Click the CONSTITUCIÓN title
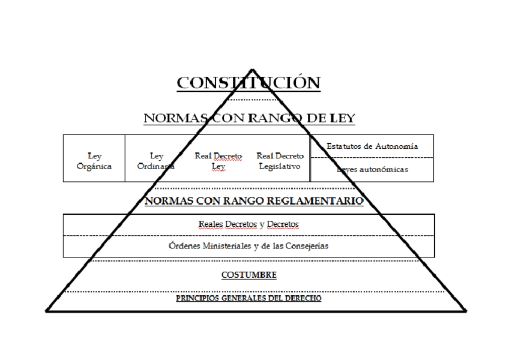(248, 82)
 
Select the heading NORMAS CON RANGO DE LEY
(249, 118)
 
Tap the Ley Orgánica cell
(94, 161)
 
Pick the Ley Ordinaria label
(156, 161)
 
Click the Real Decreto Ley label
(218, 161)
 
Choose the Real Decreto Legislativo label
(280, 161)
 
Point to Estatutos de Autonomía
(372, 146)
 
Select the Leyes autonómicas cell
(372, 169)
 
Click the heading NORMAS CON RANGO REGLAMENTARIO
(254, 201)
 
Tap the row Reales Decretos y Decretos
(248, 224)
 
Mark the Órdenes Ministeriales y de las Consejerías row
(248, 246)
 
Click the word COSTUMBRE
(248, 275)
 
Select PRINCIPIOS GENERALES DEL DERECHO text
(248, 298)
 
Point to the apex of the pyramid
(252, 70)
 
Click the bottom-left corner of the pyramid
(47, 311)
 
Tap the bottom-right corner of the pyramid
(466, 311)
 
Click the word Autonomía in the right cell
(398, 146)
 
